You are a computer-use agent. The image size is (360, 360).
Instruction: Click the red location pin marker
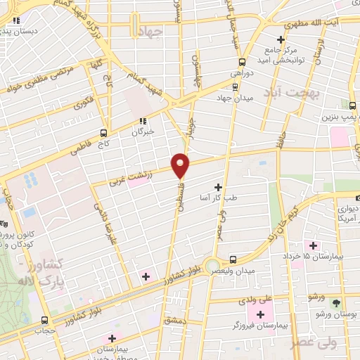click(x=181, y=165)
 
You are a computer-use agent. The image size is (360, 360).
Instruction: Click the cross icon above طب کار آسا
click(x=217, y=188)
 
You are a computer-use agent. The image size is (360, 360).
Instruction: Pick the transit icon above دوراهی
click(x=243, y=62)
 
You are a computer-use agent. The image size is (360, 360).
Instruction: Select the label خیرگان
click(x=143, y=131)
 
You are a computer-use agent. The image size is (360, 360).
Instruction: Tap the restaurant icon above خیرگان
click(x=143, y=121)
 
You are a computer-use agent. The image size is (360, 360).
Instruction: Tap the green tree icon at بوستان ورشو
click(x=335, y=302)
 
